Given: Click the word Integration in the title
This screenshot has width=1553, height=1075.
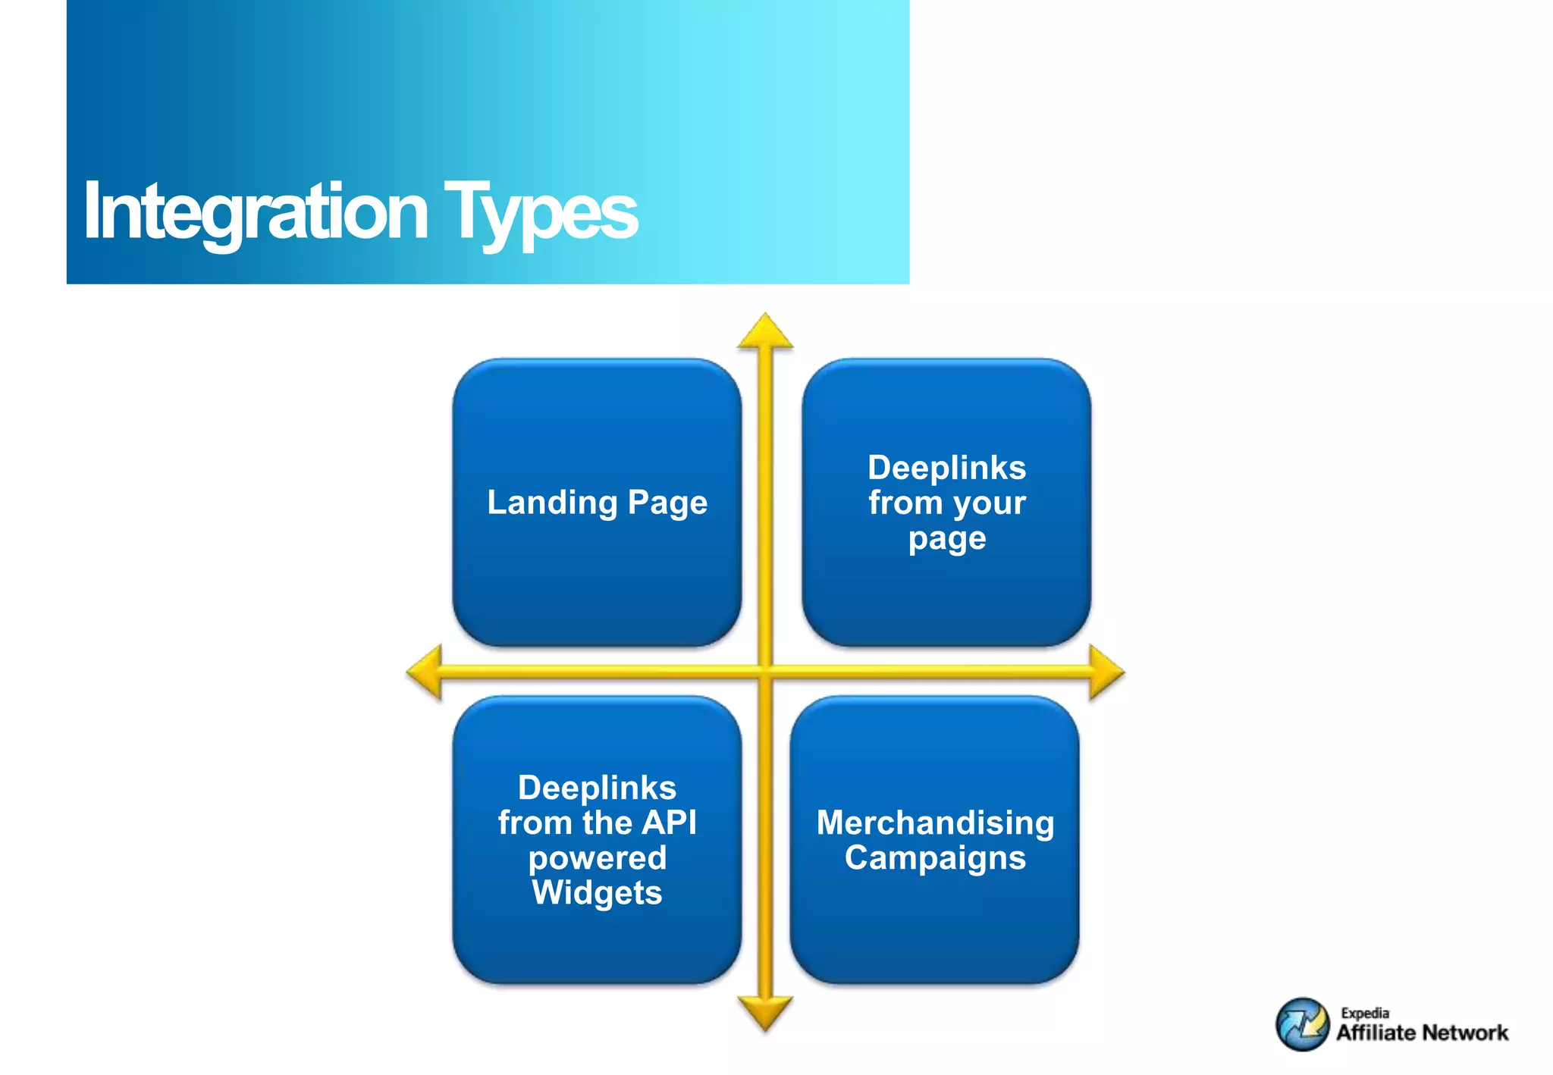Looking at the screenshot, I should point(256,212).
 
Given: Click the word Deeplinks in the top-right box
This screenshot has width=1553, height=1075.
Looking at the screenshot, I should point(946,468).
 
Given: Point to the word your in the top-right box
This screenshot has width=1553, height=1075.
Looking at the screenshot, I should point(990,503).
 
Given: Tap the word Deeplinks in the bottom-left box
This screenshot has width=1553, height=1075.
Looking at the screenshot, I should point(597,788).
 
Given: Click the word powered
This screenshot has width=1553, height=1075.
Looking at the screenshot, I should point(597,858).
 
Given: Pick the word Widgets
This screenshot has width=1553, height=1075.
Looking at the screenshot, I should point(597,892).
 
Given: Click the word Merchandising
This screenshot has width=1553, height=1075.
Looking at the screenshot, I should point(935,823).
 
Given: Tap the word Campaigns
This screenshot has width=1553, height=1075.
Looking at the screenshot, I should point(935,858).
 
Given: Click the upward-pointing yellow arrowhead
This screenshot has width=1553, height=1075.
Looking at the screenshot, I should point(765,334).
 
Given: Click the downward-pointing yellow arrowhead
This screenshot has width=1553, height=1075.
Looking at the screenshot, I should point(765,1012).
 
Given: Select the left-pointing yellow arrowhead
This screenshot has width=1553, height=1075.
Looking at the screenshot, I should point(425,672).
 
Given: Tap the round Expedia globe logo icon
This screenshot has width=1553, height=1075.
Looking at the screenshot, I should point(1302,1024).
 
